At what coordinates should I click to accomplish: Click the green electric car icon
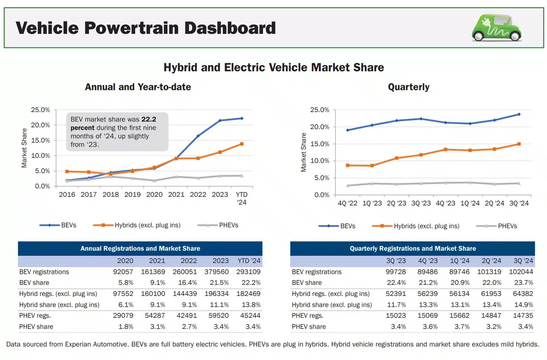tap(496, 28)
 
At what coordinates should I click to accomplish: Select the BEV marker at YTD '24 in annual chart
tap(242, 118)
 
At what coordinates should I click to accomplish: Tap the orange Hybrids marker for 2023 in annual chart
tap(220, 152)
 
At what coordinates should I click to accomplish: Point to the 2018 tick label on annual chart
tap(111, 195)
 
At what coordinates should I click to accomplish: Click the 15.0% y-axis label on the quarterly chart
tap(320, 144)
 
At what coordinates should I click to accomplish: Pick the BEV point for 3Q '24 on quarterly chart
tap(519, 114)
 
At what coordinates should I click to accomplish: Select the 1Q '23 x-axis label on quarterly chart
tap(372, 203)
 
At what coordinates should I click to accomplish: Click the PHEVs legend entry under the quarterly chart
tap(507, 226)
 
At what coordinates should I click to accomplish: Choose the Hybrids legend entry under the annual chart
tap(147, 225)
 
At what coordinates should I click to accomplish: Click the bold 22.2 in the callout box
tap(149, 119)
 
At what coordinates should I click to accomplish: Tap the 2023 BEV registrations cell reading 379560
tap(217, 272)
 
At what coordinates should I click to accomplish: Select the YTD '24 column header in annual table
tap(249, 261)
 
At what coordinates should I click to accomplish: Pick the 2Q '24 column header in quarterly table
tap(491, 261)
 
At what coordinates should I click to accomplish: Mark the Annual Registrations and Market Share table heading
tap(140, 249)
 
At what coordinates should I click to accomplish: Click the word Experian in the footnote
tap(78, 344)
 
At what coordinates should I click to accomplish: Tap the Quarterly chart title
tap(409, 87)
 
